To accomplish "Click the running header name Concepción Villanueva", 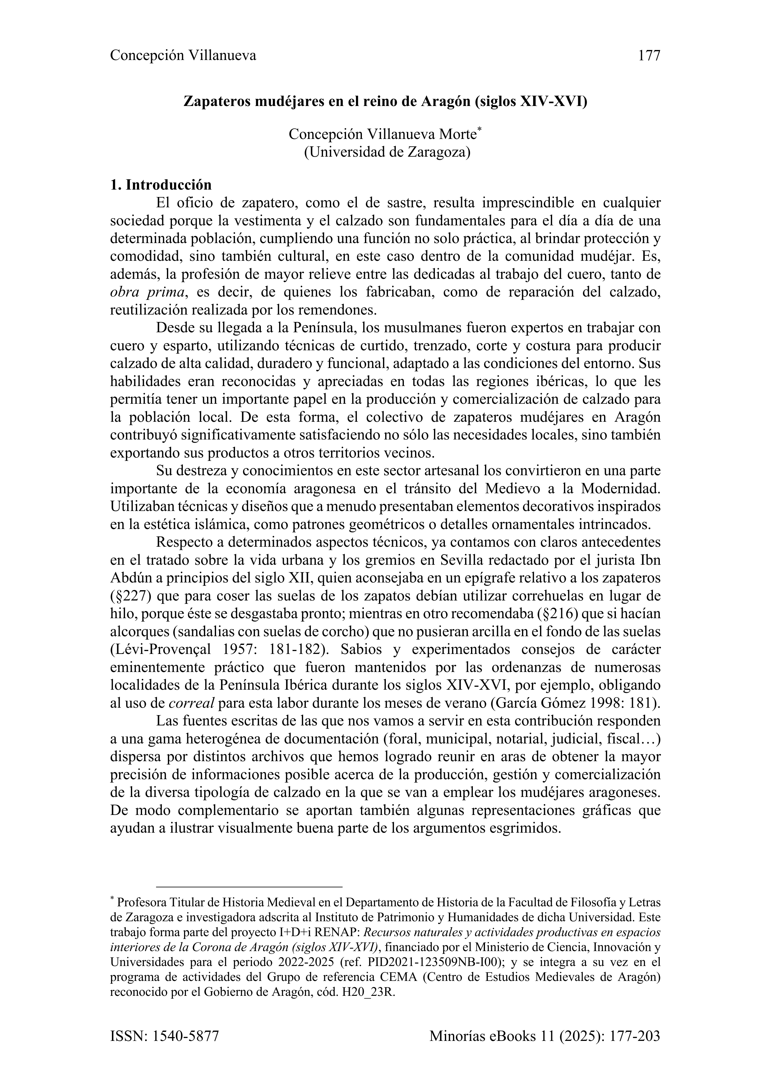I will (183, 56).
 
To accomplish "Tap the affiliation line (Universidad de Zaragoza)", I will (387, 153).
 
